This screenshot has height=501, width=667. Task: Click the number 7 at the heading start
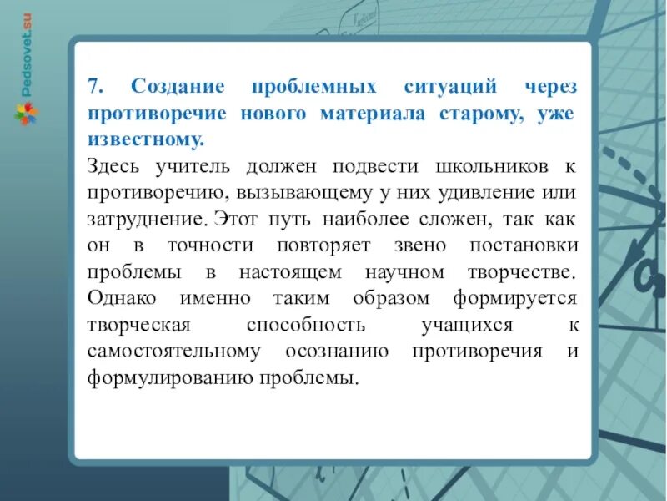[93, 87]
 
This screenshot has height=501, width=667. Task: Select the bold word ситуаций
[449, 87]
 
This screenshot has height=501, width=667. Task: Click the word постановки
[521, 245]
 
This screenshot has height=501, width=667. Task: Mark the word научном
[405, 272]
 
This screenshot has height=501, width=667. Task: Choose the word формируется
[514, 299]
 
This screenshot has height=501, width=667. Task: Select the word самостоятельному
[173, 352]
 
